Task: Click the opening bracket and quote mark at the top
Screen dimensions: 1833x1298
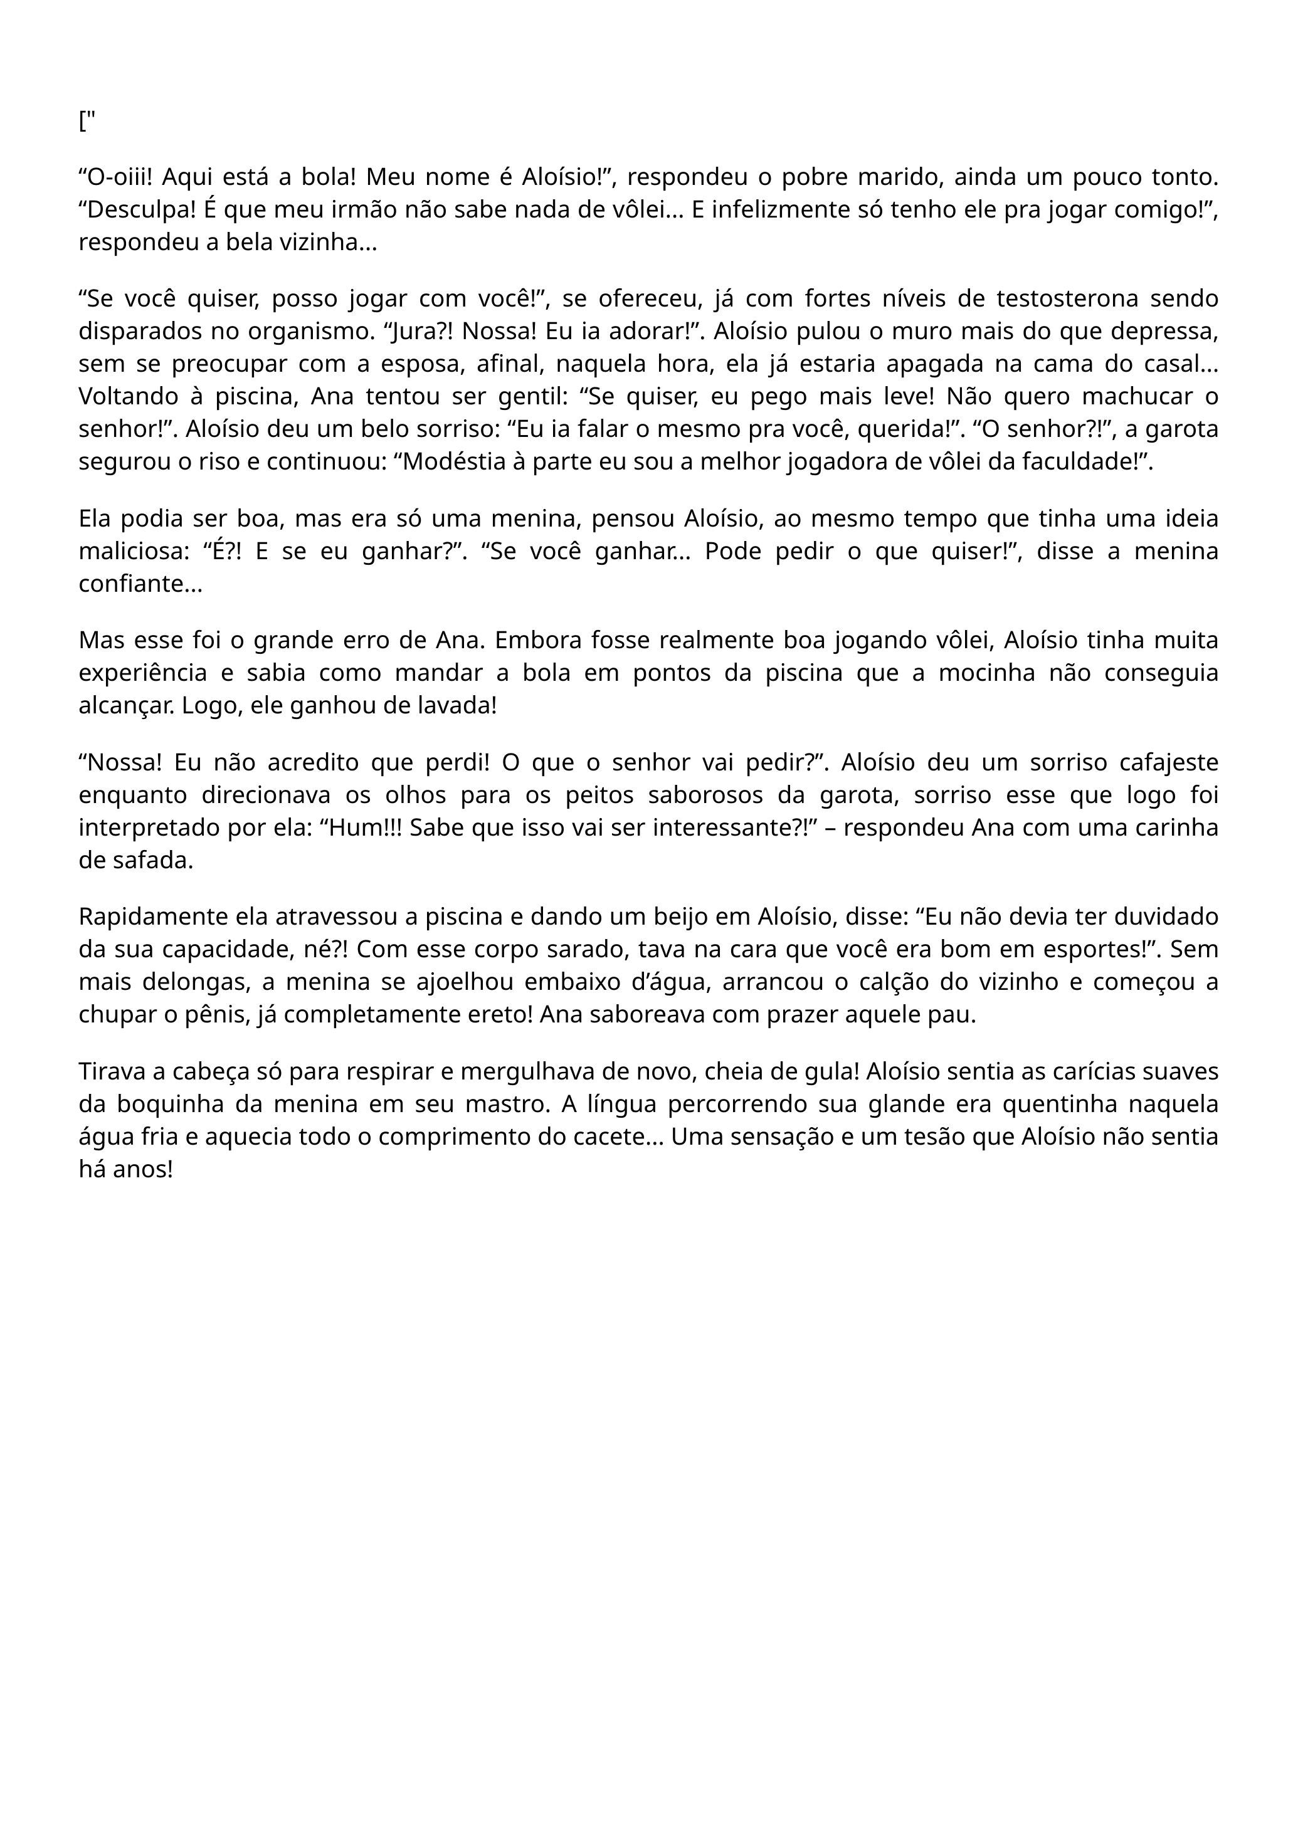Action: pos(87,122)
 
